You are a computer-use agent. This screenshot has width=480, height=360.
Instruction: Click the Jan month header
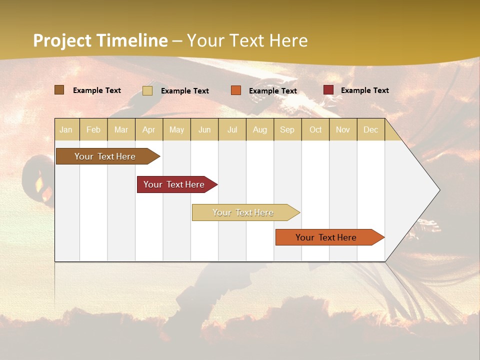pyautogui.click(x=66, y=129)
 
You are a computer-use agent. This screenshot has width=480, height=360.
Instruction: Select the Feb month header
pyautogui.click(x=93, y=129)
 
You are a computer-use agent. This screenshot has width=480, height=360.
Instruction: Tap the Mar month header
pyautogui.click(x=121, y=129)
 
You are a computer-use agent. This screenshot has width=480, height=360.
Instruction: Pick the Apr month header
pyautogui.click(x=149, y=129)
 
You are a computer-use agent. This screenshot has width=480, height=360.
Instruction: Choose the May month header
pyautogui.click(x=176, y=129)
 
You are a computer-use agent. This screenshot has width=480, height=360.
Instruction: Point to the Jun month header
pyautogui.click(x=204, y=129)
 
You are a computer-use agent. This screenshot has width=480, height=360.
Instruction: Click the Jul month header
pyautogui.click(x=232, y=129)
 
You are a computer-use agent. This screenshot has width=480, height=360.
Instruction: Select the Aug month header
pyautogui.click(x=260, y=129)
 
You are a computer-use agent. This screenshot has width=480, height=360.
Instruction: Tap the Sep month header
pyautogui.click(x=287, y=129)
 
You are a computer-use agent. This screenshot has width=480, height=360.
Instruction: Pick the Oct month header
pyautogui.click(x=315, y=129)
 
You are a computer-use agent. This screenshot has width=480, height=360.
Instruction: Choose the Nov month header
pyautogui.click(x=343, y=129)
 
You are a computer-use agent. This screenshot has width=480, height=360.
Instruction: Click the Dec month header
pyautogui.click(x=370, y=129)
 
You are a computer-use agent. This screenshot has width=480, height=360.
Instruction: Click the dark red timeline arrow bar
pyautogui.click(x=175, y=184)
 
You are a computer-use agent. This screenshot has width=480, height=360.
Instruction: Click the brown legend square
pyautogui.click(x=59, y=90)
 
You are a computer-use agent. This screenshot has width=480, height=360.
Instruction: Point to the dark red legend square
pyautogui.click(x=328, y=90)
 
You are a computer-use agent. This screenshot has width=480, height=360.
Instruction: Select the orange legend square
pyautogui.click(x=236, y=90)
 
